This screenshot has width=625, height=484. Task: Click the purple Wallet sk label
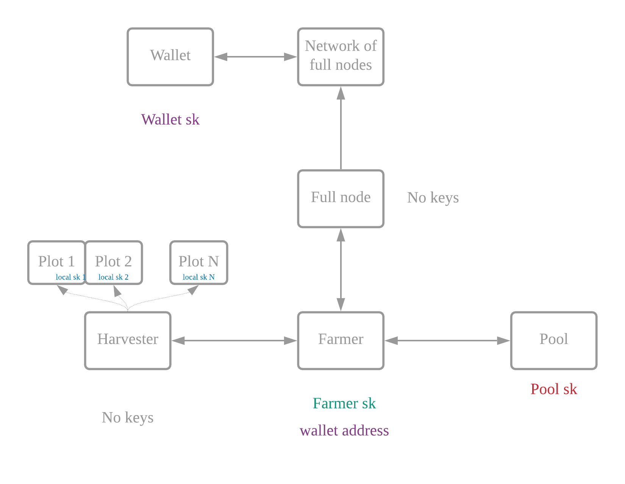170,120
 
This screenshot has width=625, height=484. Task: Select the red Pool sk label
554,389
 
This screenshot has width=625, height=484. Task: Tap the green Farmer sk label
344,403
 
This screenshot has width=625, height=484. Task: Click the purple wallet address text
344,431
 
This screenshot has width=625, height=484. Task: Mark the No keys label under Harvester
127,418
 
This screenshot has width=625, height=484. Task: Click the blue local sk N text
198,277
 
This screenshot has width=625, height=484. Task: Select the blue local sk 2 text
113,277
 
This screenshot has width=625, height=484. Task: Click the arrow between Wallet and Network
255,57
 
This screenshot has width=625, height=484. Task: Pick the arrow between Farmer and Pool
447,340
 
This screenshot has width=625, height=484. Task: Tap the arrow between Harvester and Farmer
234,340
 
